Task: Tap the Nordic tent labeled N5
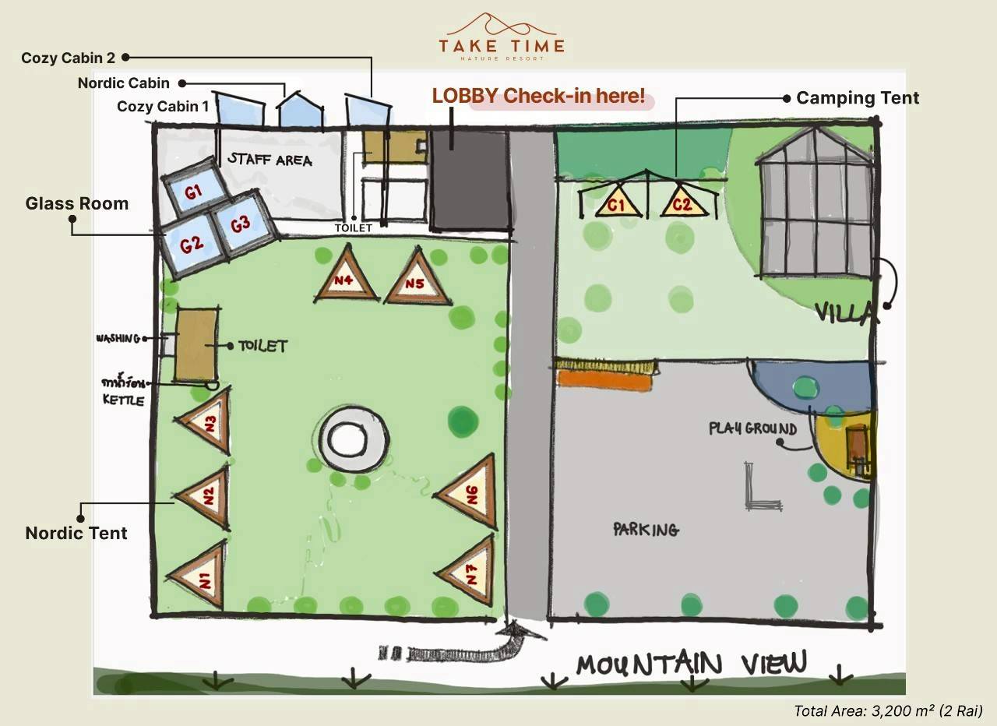tap(417, 281)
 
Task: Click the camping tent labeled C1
tap(617, 205)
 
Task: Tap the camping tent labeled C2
tap(682, 204)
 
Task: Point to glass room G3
tap(241, 224)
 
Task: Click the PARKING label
tap(646, 530)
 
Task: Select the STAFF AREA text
tap(270, 160)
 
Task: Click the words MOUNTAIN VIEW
tap(692, 664)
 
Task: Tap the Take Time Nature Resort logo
tap(501, 37)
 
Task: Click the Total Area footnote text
tap(888, 710)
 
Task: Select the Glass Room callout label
tap(76, 204)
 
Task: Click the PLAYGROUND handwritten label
tap(752, 428)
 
